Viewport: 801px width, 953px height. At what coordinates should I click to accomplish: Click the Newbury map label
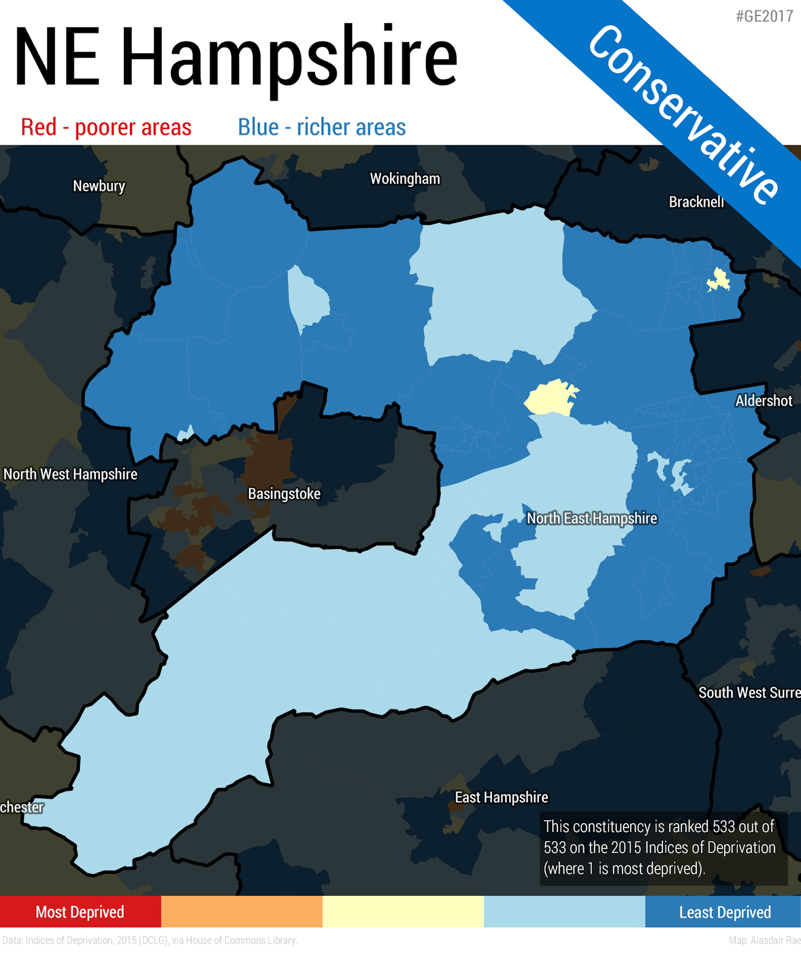coord(99,186)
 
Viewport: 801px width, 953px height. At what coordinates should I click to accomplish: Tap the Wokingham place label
coord(405,179)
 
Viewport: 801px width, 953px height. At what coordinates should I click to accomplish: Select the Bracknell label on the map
coord(696,202)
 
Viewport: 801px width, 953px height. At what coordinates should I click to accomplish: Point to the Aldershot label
coord(763,400)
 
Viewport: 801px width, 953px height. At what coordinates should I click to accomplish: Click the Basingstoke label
coord(284,494)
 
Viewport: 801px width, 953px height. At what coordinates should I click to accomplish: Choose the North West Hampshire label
coord(70,474)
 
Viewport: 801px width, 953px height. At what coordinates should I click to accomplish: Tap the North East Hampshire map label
coord(592,518)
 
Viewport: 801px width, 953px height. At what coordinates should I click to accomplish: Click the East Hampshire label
coord(501,797)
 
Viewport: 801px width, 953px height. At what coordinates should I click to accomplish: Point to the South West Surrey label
coord(749,693)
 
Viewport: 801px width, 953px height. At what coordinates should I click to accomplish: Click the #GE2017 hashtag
coord(764,16)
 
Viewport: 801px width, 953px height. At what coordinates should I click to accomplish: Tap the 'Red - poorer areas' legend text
coord(106,127)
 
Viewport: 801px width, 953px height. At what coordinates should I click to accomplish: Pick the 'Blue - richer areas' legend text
coord(322,127)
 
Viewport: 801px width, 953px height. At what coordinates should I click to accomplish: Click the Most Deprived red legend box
coord(80,912)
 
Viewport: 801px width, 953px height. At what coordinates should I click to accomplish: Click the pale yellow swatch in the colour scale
coord(403,912)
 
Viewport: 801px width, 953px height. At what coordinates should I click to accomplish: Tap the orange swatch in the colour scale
coord(242,912)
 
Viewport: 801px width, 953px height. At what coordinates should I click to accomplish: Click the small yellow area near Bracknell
coord(719,280)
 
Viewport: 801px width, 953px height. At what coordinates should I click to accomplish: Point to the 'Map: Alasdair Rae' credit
coord(764,940)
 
